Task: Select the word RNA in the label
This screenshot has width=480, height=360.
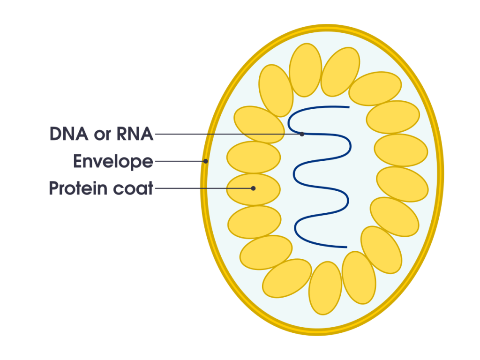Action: tap(135, 135)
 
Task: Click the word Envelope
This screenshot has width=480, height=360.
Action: tap(113, 162)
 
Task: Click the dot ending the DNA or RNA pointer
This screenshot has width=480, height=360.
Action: tap(302, 134)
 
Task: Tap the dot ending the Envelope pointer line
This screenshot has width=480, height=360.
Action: tap(206, 161)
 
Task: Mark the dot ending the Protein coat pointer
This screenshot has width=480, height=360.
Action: tap(253, 188)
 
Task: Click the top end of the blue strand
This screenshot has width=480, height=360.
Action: tap(348, 107)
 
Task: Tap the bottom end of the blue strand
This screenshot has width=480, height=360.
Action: tap(346, 247)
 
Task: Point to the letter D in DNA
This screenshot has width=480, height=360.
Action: tap(56, 135)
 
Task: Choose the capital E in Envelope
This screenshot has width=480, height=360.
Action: tap(78, 162)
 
